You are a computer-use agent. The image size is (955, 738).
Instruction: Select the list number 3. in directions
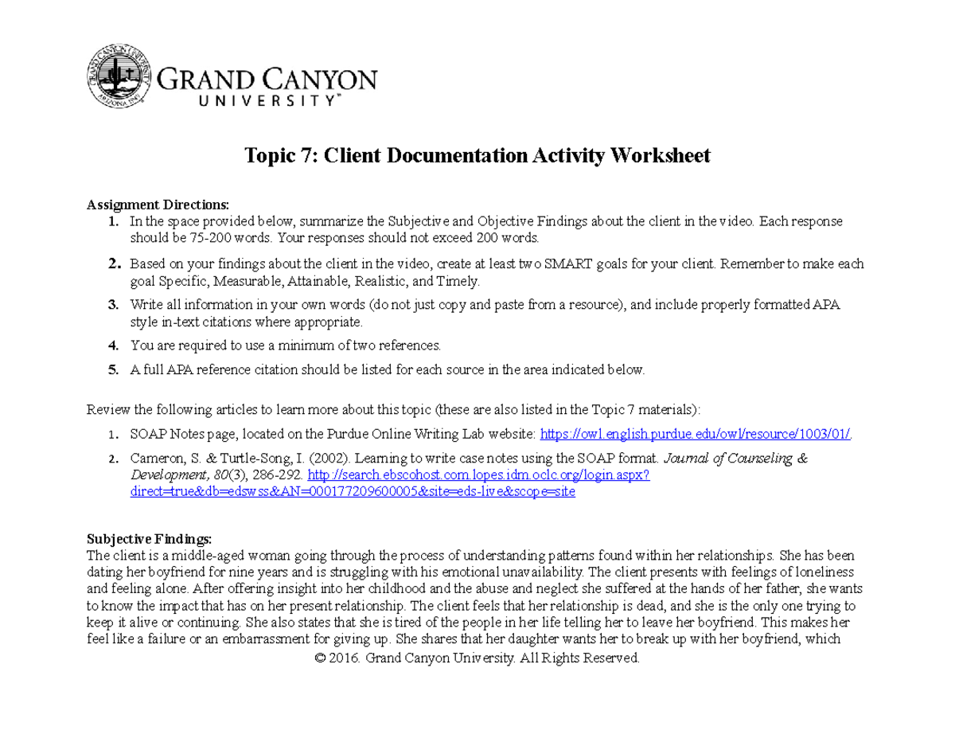[113, 304]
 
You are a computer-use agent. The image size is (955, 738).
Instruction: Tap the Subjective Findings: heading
[150, 537]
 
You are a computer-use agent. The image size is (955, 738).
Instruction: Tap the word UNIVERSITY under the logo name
[248, 101]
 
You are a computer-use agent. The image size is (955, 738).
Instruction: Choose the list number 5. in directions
[113, 369]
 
